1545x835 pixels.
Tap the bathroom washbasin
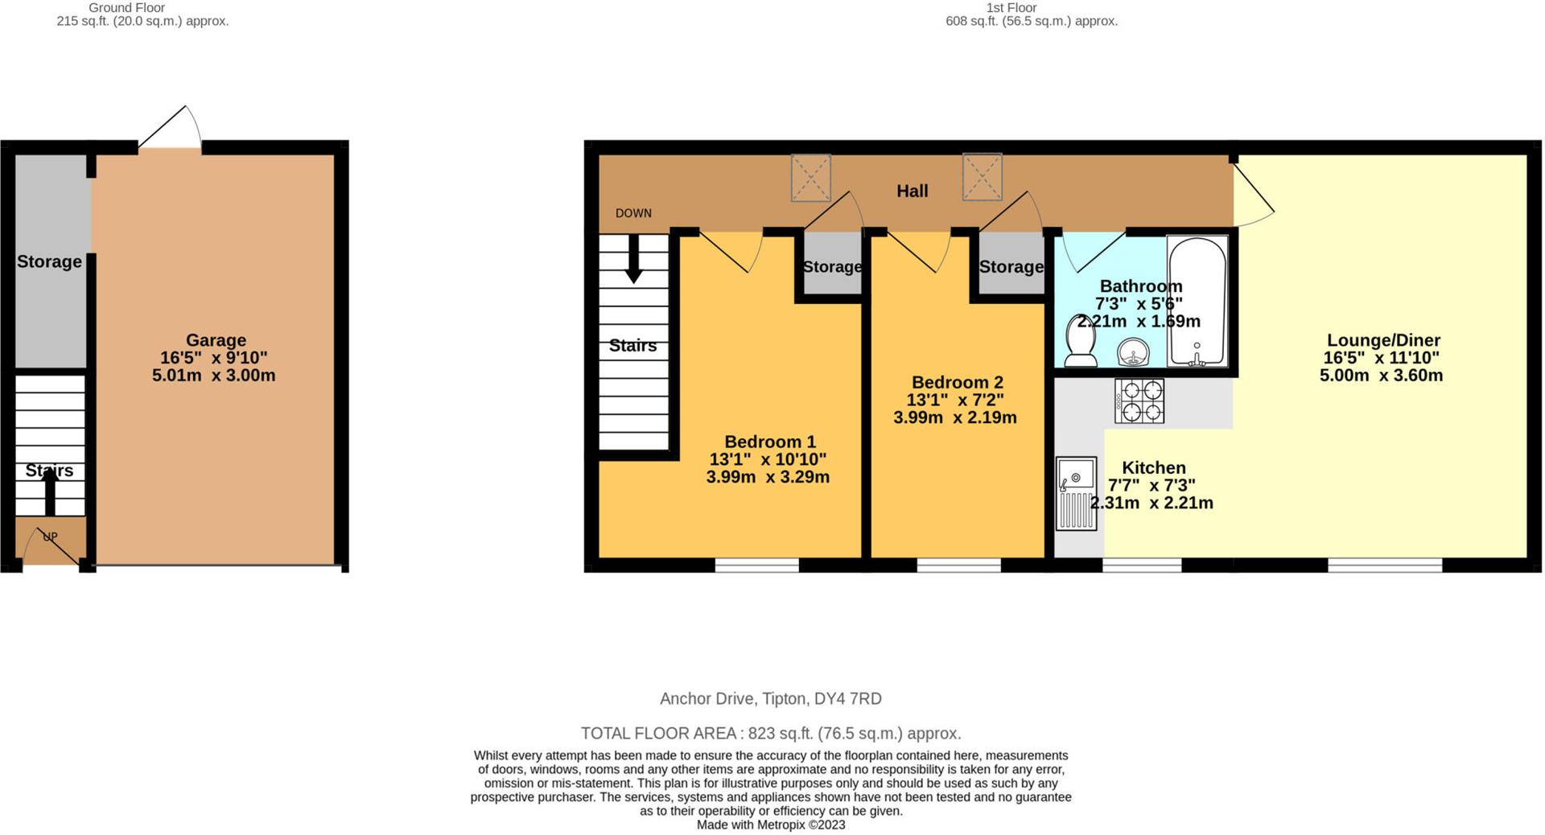coord(1134,352)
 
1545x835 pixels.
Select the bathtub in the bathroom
coord(1197,301)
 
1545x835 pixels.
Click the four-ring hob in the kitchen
coord(1139,401)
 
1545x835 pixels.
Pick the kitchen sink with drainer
coord(1076,493)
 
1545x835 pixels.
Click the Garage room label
coord(216,340)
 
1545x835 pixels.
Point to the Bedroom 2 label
coord(957,382)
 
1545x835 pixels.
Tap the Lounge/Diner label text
coord(1382,340)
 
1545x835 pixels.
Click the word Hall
coord(912,191)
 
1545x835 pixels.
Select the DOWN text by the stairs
coord(633,213)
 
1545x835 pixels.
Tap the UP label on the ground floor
coord(50,537)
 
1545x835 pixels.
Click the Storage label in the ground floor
coord(49,261)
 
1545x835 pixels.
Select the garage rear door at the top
coord(171,129)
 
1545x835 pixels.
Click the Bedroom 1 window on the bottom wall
coord(756,565)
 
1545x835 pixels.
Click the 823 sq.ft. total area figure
coord(779,733)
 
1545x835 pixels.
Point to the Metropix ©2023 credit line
coord(771,825)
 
